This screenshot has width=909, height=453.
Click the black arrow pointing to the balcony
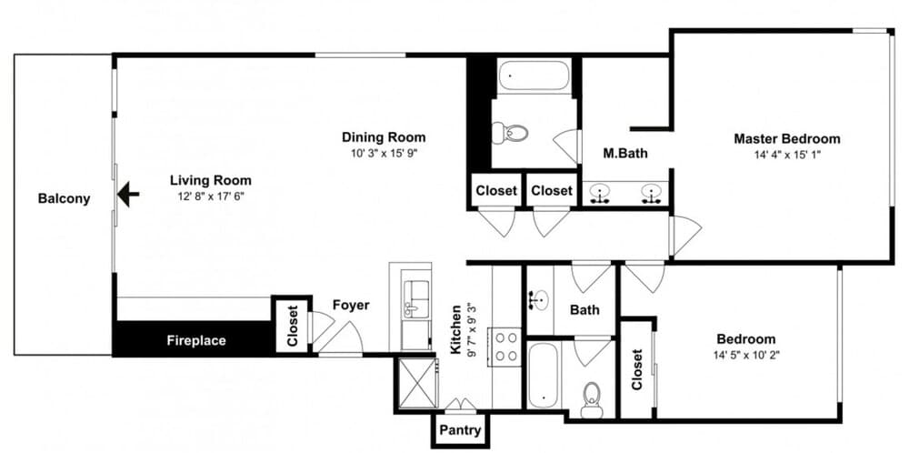click(x=128, y=195)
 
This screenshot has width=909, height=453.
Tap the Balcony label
click(x=65, y=199)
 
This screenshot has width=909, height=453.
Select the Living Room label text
click(x=211, y=180)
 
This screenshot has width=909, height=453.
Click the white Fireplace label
click(x=196, y=340)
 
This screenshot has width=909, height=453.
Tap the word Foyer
click(x=351, y=305)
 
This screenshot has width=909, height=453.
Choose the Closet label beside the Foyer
click(x=292, y=326)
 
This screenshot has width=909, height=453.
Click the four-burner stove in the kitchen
click(x=506, y=347)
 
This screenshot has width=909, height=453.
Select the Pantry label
click(x=460, y=430)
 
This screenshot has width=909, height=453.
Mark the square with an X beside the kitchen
click(x=416, y=383)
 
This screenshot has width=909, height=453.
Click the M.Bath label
click(x=625, y=154)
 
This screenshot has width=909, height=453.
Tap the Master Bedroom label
click(x=786, y=139)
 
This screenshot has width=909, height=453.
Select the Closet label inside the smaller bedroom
click(x=637, y=369)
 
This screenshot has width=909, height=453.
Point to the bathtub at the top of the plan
click(x=534, y=76)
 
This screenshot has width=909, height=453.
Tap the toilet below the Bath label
click(x=592, y=400)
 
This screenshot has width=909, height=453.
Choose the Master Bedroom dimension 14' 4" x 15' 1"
click(x=786, y=155)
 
